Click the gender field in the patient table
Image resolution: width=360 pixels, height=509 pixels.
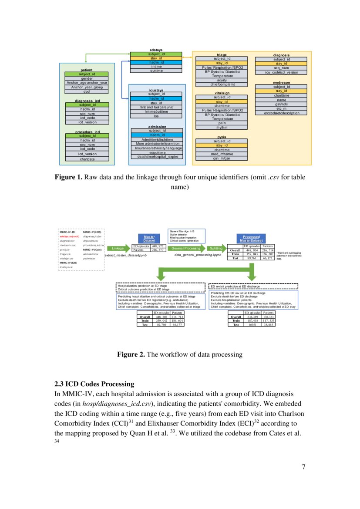point(86,78)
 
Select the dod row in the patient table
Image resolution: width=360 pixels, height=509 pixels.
point(86,91)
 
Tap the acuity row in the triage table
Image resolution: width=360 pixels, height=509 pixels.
point(222,80)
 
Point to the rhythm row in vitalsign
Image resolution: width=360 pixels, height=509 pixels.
point(222,128)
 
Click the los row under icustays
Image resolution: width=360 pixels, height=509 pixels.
point(155,116)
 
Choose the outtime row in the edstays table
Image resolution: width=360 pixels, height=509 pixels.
point(156,70)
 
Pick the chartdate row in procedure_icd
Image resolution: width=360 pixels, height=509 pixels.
point(87,159)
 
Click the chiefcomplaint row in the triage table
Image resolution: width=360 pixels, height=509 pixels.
point(222,84)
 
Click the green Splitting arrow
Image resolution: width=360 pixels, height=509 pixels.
point(216,248)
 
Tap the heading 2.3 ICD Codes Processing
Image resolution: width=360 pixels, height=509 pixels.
point(94,384)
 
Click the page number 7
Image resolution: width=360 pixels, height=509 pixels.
point(303,467)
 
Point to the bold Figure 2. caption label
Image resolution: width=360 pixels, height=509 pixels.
point(131,354)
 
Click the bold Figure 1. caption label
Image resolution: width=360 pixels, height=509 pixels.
point(68,178)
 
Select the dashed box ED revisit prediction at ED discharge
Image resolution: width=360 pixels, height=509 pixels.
point(253,287)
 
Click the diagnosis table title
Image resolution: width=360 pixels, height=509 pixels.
point(281,55)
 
